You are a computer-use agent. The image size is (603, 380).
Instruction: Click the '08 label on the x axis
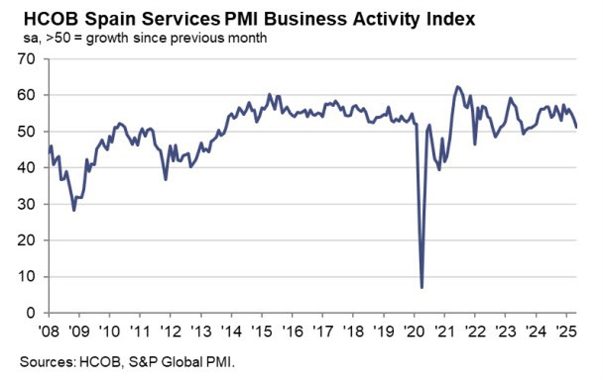coord(49,328)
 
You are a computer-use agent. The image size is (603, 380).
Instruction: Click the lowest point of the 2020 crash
coord(422,287)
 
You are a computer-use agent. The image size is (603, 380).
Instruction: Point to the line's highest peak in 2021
coord(457,87)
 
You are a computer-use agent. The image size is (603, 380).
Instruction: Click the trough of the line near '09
coord(74,210)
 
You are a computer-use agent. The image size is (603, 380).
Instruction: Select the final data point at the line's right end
coord(576,127)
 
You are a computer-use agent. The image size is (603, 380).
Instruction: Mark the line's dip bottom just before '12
coord(166,179)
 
